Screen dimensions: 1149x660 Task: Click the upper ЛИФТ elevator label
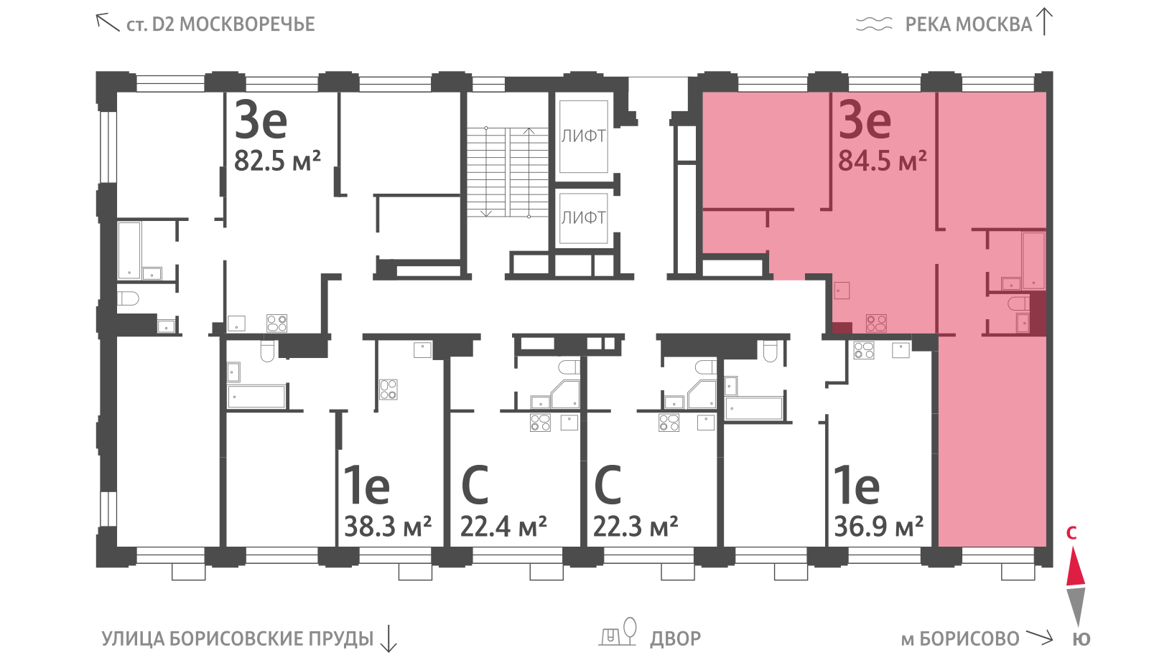click(x=583, y=136)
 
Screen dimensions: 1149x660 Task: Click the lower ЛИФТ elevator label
click(x=583, y=218)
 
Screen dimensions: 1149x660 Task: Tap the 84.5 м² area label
click(x=883, y=161)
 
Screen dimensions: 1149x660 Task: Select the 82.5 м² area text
click(x=277, y=161)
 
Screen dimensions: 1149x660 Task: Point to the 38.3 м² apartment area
click(x=388, y=527)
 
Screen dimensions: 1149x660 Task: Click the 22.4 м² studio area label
click(x=503, y=527)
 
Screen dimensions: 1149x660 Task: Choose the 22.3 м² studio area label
click(x=636, y=527)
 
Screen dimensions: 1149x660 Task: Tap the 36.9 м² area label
click(x=879, y=527)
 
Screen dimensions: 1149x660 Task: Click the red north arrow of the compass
click(x=1076, y=566)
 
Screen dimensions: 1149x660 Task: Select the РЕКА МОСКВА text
click(x=969, y=24)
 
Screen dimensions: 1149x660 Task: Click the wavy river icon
click(x=874, y=24)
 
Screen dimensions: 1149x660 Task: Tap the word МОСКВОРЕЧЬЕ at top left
click(x=247, y=24)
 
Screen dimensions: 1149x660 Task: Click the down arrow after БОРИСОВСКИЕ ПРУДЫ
click(x=389, y=638)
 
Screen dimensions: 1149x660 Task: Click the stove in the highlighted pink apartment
click(x=876, y=323)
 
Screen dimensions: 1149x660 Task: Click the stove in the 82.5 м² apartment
click(x=277, y=324)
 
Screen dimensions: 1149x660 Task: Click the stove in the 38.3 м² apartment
click(x=389, y=390)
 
